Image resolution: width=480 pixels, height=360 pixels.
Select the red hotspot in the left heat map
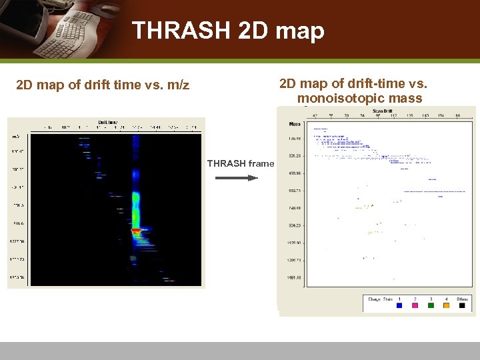click(x=136, y=231)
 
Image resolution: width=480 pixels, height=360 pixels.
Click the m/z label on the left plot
click(x=16, y=136)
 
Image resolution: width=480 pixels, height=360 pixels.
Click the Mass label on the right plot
click(x=295, y=124)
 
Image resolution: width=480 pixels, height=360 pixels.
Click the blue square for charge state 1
click(x=399, y=305)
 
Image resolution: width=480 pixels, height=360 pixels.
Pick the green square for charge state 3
click(x=431, y=305)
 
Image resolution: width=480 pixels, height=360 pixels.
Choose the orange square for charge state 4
click(x=447, y=305)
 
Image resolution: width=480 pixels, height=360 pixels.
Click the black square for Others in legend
click(x=463, y=305)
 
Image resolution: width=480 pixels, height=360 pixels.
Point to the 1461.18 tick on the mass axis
click(x=295, y=277)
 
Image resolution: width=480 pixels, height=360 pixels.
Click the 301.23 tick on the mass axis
click(x=295, y=156)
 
